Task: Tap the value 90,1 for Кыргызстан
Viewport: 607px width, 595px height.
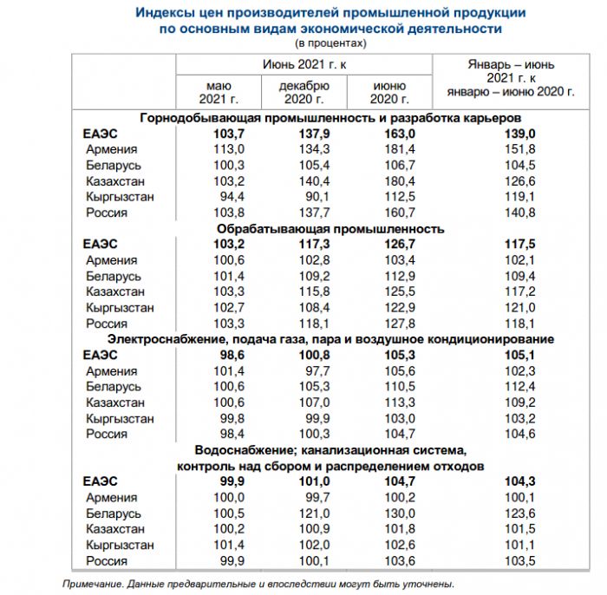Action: click(x=304, y=197)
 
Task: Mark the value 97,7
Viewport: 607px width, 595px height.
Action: click(x=304, y=371)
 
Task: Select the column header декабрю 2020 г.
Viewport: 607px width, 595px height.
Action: click(x=304, y=92)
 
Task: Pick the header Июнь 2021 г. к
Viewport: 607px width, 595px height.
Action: click(x=304, y=65)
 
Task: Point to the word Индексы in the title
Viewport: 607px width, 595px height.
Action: click(x=165, y=14)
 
